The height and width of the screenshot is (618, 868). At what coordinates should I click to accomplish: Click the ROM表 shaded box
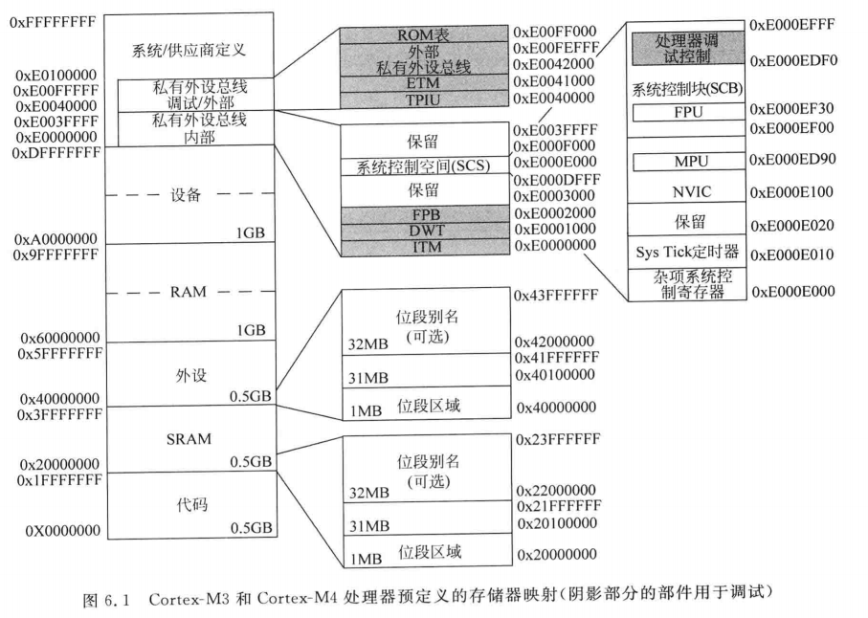pyautogui.click(x=422, y=33)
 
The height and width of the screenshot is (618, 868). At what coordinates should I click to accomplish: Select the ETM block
pyautogui.click(x=422, y=84)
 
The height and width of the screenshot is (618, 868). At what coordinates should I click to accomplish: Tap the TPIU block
pyautogui.click(x=422, y=99)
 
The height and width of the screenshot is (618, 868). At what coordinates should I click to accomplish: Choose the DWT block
pyautogui.click(x=422, y=231)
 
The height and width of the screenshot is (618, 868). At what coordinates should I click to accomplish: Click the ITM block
pyautogui.click(x=422, y=247)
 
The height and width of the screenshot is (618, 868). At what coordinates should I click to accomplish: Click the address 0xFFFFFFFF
pyautogui.click(x=52, y=18)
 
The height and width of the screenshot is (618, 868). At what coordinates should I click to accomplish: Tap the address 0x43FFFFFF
pyautogui.click(x=556, y=297)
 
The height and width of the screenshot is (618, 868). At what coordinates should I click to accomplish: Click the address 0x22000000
pyautogui.click(x=555, y=491)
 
